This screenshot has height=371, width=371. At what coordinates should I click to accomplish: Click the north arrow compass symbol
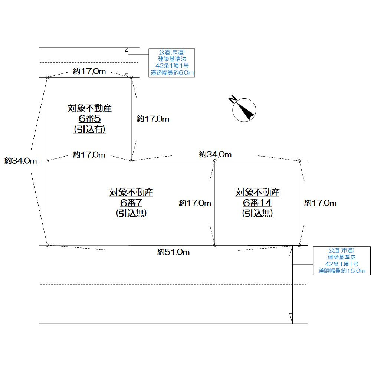244,109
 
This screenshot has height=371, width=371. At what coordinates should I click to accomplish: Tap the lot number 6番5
90,119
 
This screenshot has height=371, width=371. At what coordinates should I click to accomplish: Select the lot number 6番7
131,203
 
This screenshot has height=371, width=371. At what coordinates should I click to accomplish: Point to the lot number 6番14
257,203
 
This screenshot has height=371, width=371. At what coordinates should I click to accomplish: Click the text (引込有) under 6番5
90,129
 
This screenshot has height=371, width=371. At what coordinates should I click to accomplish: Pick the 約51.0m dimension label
173,252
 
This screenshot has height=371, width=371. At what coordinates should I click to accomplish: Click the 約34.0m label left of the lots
21,161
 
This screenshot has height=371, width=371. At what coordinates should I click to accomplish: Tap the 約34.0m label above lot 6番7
215,154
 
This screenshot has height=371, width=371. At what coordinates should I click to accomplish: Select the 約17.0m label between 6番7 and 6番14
195,203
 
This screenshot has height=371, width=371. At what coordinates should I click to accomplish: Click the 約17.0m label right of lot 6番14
320,203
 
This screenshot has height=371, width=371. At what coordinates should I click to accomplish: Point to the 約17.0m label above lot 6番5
89,72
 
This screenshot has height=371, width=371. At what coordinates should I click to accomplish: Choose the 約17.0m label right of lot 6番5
153,119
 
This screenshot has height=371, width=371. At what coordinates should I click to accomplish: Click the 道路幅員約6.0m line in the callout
172,73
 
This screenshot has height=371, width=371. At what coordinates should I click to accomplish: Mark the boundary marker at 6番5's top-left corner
47,77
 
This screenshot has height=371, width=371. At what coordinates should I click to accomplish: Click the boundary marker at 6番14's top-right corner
299,161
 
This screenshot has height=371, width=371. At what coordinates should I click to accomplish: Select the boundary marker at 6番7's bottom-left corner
47,245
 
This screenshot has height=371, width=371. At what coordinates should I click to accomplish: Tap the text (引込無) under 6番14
257,213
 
